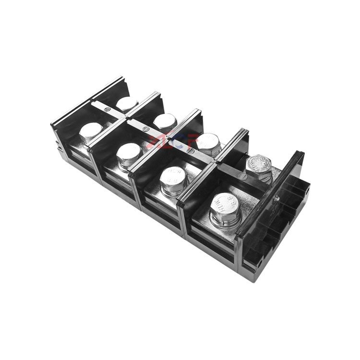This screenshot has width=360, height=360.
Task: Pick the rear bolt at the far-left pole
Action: point(127,103)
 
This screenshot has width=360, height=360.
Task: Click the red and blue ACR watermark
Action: point(165,140)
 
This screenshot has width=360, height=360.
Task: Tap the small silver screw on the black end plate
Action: point(277,196)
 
